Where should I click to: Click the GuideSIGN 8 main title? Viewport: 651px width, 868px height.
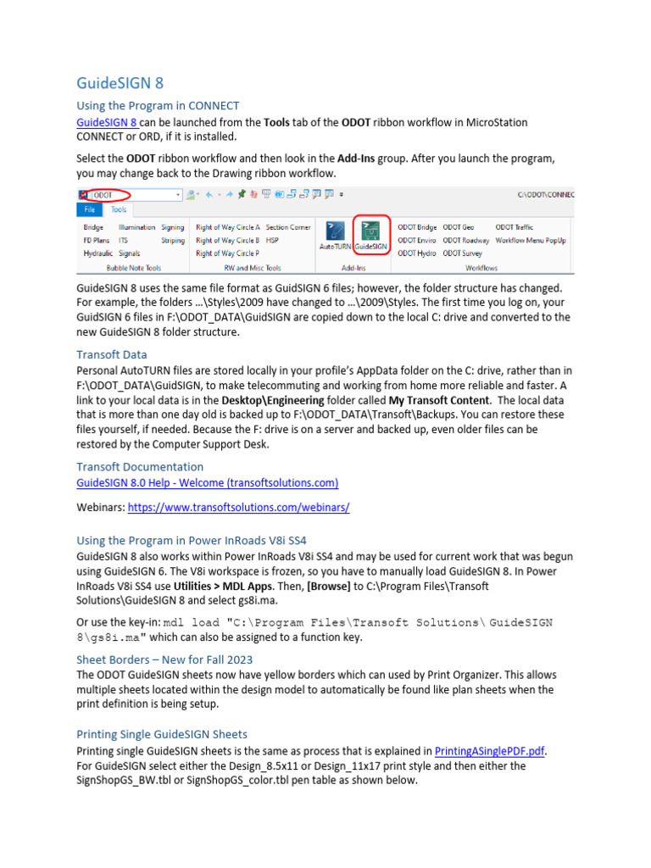(120, 83)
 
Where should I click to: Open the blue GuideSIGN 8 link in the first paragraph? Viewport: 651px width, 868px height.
(107, 122)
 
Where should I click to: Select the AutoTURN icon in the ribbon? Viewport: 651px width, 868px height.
(335, 235)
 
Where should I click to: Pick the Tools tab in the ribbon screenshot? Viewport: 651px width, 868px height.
(119, 209)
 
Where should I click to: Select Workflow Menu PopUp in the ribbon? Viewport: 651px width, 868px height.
(531, 240)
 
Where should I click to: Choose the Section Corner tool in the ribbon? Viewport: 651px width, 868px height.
(288, 227)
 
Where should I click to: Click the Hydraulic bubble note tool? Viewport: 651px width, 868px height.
(97, 253)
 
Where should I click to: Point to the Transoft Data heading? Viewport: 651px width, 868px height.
(112, 354)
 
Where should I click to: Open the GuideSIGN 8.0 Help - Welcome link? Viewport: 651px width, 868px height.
(208, 483)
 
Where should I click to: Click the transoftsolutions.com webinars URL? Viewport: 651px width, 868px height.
(239, 507)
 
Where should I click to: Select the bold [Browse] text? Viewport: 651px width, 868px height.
(329, 586)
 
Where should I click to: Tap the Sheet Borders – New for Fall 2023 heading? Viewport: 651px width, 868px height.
(164, 659)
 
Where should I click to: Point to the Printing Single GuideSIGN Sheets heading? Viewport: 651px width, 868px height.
(162, 734)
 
